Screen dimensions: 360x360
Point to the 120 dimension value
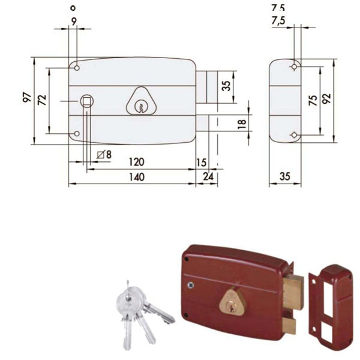point(137,163)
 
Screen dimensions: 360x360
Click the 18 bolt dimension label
point(241,124)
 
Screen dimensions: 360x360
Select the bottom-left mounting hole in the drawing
point(77,134)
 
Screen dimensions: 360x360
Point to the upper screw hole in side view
point(294,66)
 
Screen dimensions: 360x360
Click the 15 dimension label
point(201,163)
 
